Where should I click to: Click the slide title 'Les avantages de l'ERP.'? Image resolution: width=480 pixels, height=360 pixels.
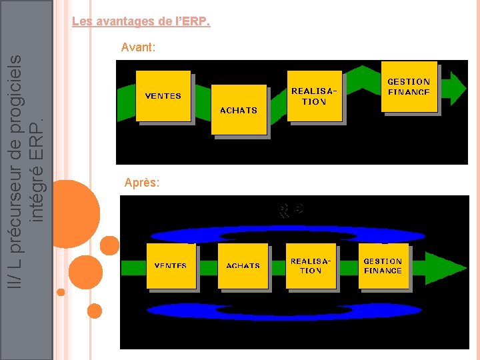tap(141, 22)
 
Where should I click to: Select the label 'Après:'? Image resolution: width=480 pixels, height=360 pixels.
tap(141, 182)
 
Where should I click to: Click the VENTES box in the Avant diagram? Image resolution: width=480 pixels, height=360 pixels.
tap(163, 96)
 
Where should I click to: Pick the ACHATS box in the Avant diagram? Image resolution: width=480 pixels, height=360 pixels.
tap(239, 110)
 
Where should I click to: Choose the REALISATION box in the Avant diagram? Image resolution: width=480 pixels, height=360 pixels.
tap(314, 97)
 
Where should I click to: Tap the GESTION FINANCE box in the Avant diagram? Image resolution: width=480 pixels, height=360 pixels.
tap(409, 87)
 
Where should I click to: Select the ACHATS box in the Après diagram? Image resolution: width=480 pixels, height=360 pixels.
tap(243, 265)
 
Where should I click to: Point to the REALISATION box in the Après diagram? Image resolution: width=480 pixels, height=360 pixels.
tap(311, 266)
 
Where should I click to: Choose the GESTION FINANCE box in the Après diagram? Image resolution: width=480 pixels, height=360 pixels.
tap(383, 266)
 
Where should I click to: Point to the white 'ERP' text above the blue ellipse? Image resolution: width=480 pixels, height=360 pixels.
tap(291, 211)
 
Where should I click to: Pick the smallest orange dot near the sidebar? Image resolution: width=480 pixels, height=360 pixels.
tap(61, 292)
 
